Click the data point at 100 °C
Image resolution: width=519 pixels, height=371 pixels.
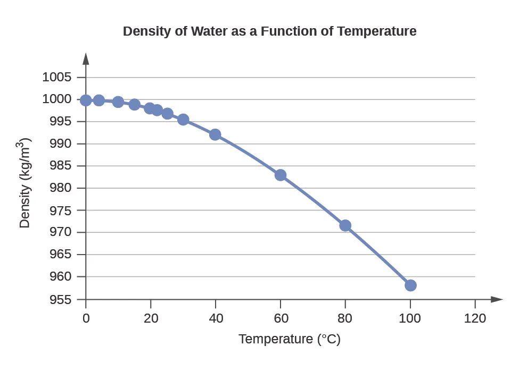[410, 285]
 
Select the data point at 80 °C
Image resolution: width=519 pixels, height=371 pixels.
[345, 225]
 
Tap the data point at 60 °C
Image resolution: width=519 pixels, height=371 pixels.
[281, 175]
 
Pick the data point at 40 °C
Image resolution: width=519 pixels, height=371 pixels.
[215, 134]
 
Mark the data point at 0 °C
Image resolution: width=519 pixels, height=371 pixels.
[86, 100]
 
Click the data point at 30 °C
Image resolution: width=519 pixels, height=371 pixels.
[183, 120]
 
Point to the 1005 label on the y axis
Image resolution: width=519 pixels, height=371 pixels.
[56, 78]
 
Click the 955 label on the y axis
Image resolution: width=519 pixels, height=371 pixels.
[60, 300]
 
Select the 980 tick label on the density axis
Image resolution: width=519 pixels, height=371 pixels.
[60, 188]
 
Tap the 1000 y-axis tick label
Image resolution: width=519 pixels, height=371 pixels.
[56, 99]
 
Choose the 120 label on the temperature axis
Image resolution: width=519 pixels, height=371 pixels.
[475, 318]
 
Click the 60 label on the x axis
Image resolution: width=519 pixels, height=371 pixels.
[281, 318]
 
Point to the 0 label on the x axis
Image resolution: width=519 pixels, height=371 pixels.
[86, 318]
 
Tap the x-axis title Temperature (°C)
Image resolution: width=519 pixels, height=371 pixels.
[289, 339]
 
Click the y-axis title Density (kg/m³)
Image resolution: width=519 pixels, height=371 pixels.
[24, 183]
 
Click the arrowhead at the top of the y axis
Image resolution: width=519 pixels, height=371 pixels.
[86, 58]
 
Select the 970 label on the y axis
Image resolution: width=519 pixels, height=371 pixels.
[60, 233]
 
